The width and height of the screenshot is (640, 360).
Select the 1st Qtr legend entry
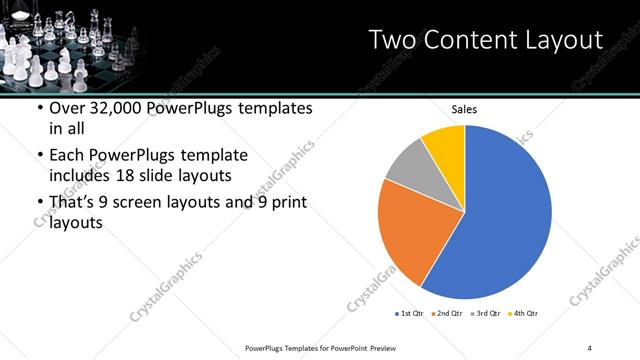coord(410,314)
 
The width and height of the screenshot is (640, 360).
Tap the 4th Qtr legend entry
coord(526,314)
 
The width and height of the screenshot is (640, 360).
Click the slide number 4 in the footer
coord(590,347)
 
